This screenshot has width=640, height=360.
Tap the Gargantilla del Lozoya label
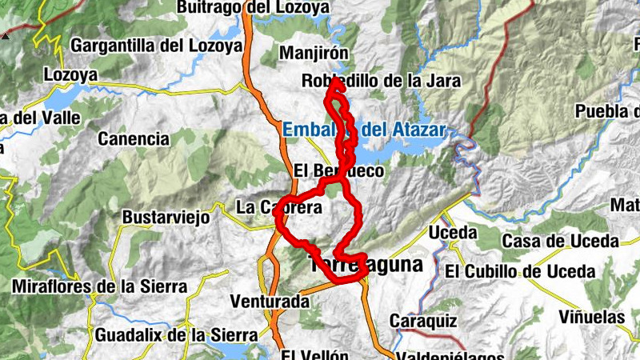click(156, 46)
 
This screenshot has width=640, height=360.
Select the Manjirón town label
click(314, 54)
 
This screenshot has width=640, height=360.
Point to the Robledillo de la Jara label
click(371, 81)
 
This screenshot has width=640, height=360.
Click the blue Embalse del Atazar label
click(363, 129)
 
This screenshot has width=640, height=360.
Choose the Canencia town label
click(133, 138)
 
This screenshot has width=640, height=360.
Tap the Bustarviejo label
click(166, 217)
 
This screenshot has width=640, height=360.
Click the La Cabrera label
click(278, 208)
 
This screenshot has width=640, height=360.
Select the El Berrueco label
click(338, 171)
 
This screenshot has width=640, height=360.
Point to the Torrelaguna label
click(366, 266)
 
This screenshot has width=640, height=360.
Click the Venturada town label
click(269, 302)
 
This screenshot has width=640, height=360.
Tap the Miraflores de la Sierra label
click(100, 286)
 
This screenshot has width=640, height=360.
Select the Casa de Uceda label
click(559, 241)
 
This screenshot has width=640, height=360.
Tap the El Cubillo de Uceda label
click(520, 272)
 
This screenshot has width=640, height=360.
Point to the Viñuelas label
click(591, 317)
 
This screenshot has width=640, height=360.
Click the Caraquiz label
click(423, 321)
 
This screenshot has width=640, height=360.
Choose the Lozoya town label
click(70, 75)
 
